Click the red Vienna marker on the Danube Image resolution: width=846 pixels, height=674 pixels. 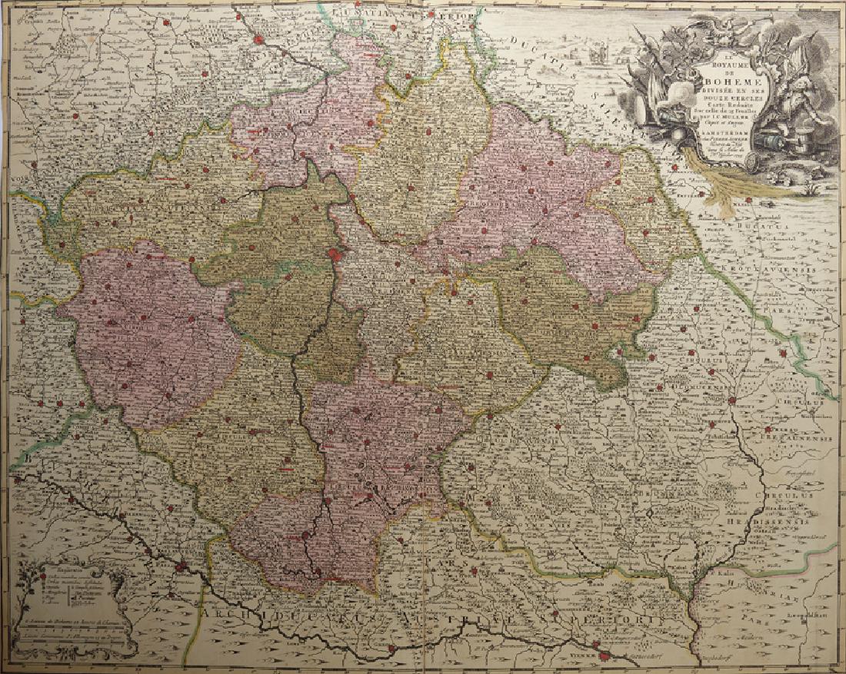pos(608,656)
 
